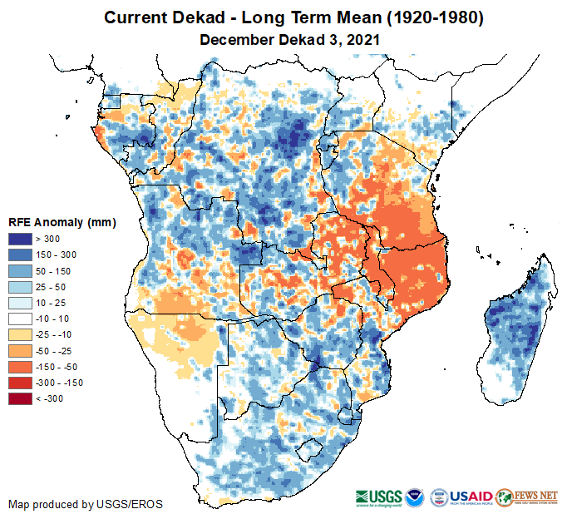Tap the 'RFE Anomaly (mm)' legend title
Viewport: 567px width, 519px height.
[62, 222]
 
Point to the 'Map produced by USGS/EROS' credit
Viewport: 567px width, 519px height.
[85, 505]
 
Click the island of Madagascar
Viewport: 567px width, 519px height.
[516, 333]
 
